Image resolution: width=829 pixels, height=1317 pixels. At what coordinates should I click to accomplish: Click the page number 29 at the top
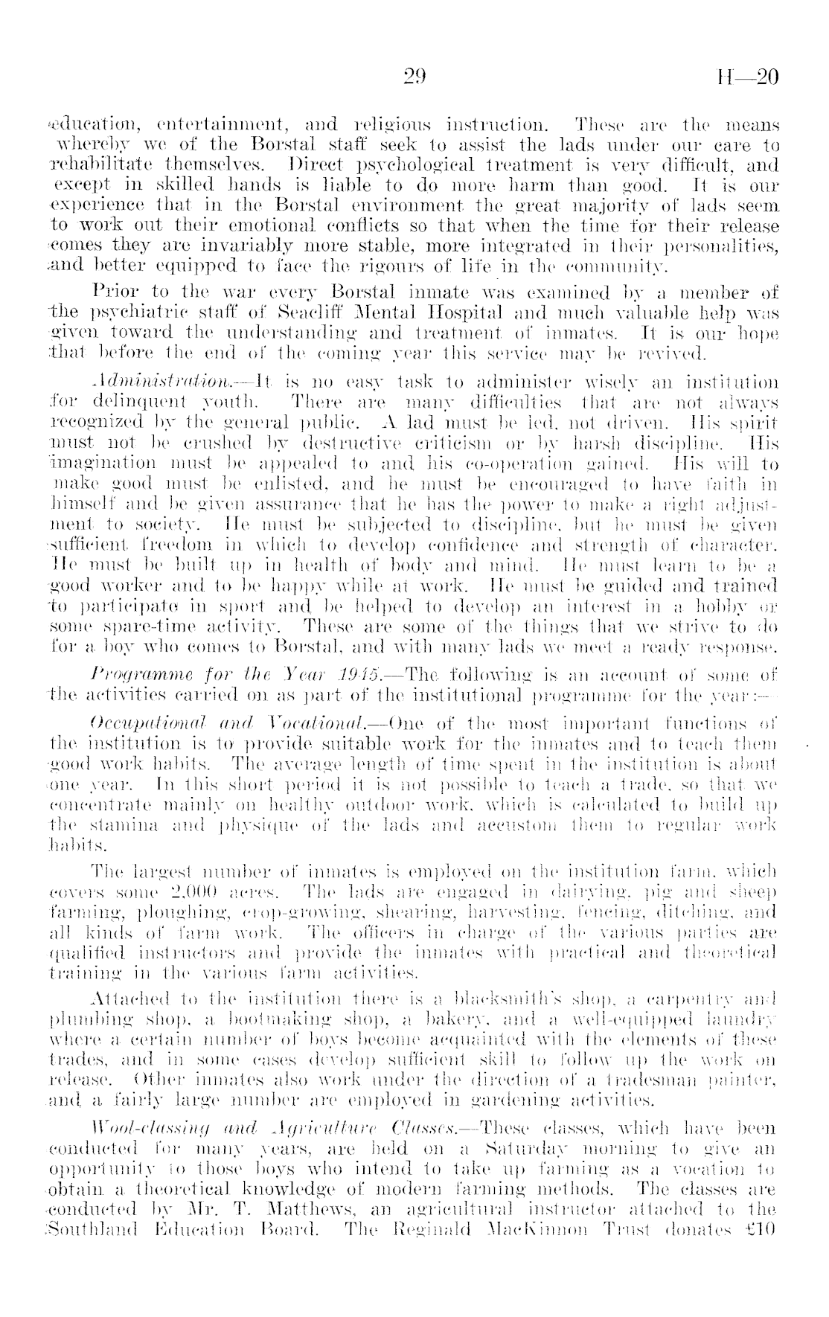coord(413,77)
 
